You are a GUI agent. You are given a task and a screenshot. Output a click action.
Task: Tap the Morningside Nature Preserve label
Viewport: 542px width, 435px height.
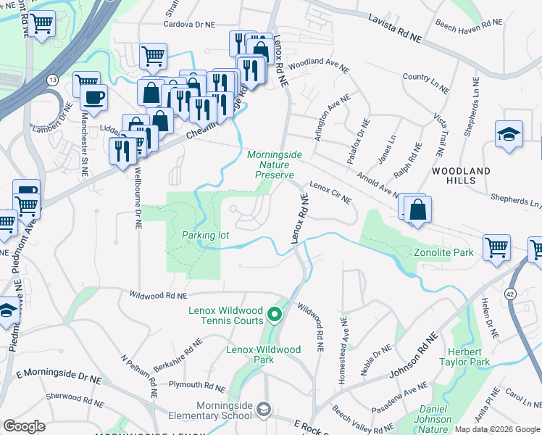(270, 165)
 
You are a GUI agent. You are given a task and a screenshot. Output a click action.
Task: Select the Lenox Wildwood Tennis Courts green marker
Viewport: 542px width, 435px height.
(274, 315)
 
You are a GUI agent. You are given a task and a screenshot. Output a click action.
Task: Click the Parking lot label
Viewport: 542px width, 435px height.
(205, 236)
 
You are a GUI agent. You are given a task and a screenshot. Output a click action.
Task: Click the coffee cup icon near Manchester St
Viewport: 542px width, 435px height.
(95, 96)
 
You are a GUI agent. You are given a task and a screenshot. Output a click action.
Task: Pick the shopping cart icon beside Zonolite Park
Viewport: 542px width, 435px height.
(496, 247)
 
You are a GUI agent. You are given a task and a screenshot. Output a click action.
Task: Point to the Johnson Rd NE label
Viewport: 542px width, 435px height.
(415, 360)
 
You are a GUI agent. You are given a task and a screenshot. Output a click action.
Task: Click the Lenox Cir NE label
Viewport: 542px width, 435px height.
(330, 193)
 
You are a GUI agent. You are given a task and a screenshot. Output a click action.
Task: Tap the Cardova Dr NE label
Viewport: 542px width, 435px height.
(191, 24)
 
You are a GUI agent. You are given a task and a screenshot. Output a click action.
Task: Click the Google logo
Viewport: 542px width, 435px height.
(25, 426)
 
